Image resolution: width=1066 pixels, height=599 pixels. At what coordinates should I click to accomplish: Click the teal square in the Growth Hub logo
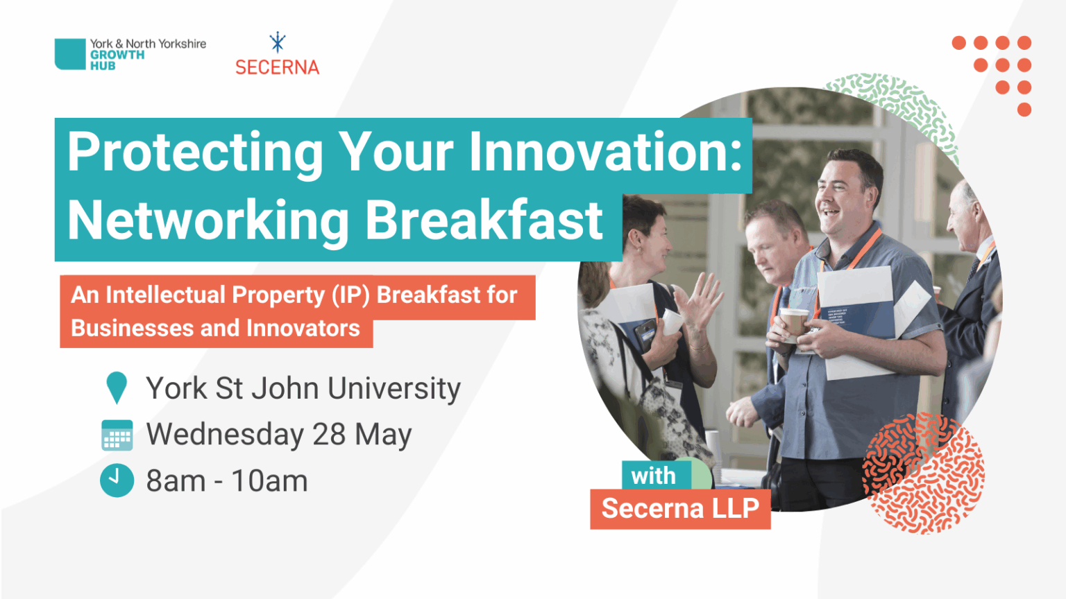[69, 54]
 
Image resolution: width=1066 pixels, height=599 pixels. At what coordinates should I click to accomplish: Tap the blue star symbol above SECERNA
[278, 43]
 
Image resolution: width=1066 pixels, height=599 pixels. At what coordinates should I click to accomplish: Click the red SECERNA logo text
[277, 67]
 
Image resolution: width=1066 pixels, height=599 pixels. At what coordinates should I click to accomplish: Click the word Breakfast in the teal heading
[484, 220]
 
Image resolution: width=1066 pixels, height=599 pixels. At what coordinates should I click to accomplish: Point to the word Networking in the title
[208, 220]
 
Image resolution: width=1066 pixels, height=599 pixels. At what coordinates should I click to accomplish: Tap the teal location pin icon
[117, 387]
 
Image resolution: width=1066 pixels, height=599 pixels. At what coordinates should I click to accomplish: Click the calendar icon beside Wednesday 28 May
[117, 435]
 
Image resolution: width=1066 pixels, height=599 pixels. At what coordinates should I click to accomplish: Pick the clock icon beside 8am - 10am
[117, 480]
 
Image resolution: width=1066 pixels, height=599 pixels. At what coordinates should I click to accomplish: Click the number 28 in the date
[329, 435]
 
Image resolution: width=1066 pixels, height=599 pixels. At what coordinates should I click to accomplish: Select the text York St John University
[303, 388]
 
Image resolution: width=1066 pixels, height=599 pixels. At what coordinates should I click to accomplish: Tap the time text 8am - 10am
[226, 480]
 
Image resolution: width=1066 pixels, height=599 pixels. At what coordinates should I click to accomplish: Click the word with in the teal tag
[653, 476]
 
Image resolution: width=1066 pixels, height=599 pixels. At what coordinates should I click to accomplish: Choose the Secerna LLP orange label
[680, 509]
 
